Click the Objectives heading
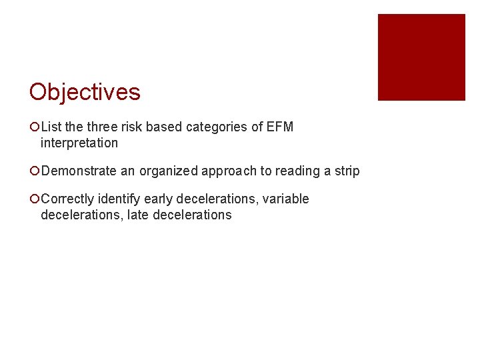(85, 92)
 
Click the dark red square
(421, 57)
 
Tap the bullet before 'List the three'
(34, 127)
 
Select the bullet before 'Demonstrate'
(34, 171)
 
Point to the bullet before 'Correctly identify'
(34, 199)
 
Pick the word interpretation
(79, 143)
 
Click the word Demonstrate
(79, 171)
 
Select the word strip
(347, 171)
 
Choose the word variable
(287, 199)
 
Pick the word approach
(231, 171)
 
